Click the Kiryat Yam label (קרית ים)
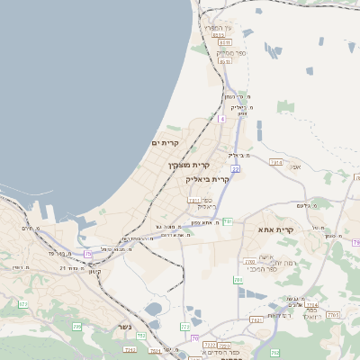(x=165, y=143)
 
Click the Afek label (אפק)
(x=294, y=166)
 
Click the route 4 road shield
(x=221, y=118)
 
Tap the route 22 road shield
(x=235, y=168)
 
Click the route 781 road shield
(x=228, y=220)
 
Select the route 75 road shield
(x=88, y=254)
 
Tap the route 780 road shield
(x=239, y=281)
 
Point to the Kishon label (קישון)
(x=95, y=272)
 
